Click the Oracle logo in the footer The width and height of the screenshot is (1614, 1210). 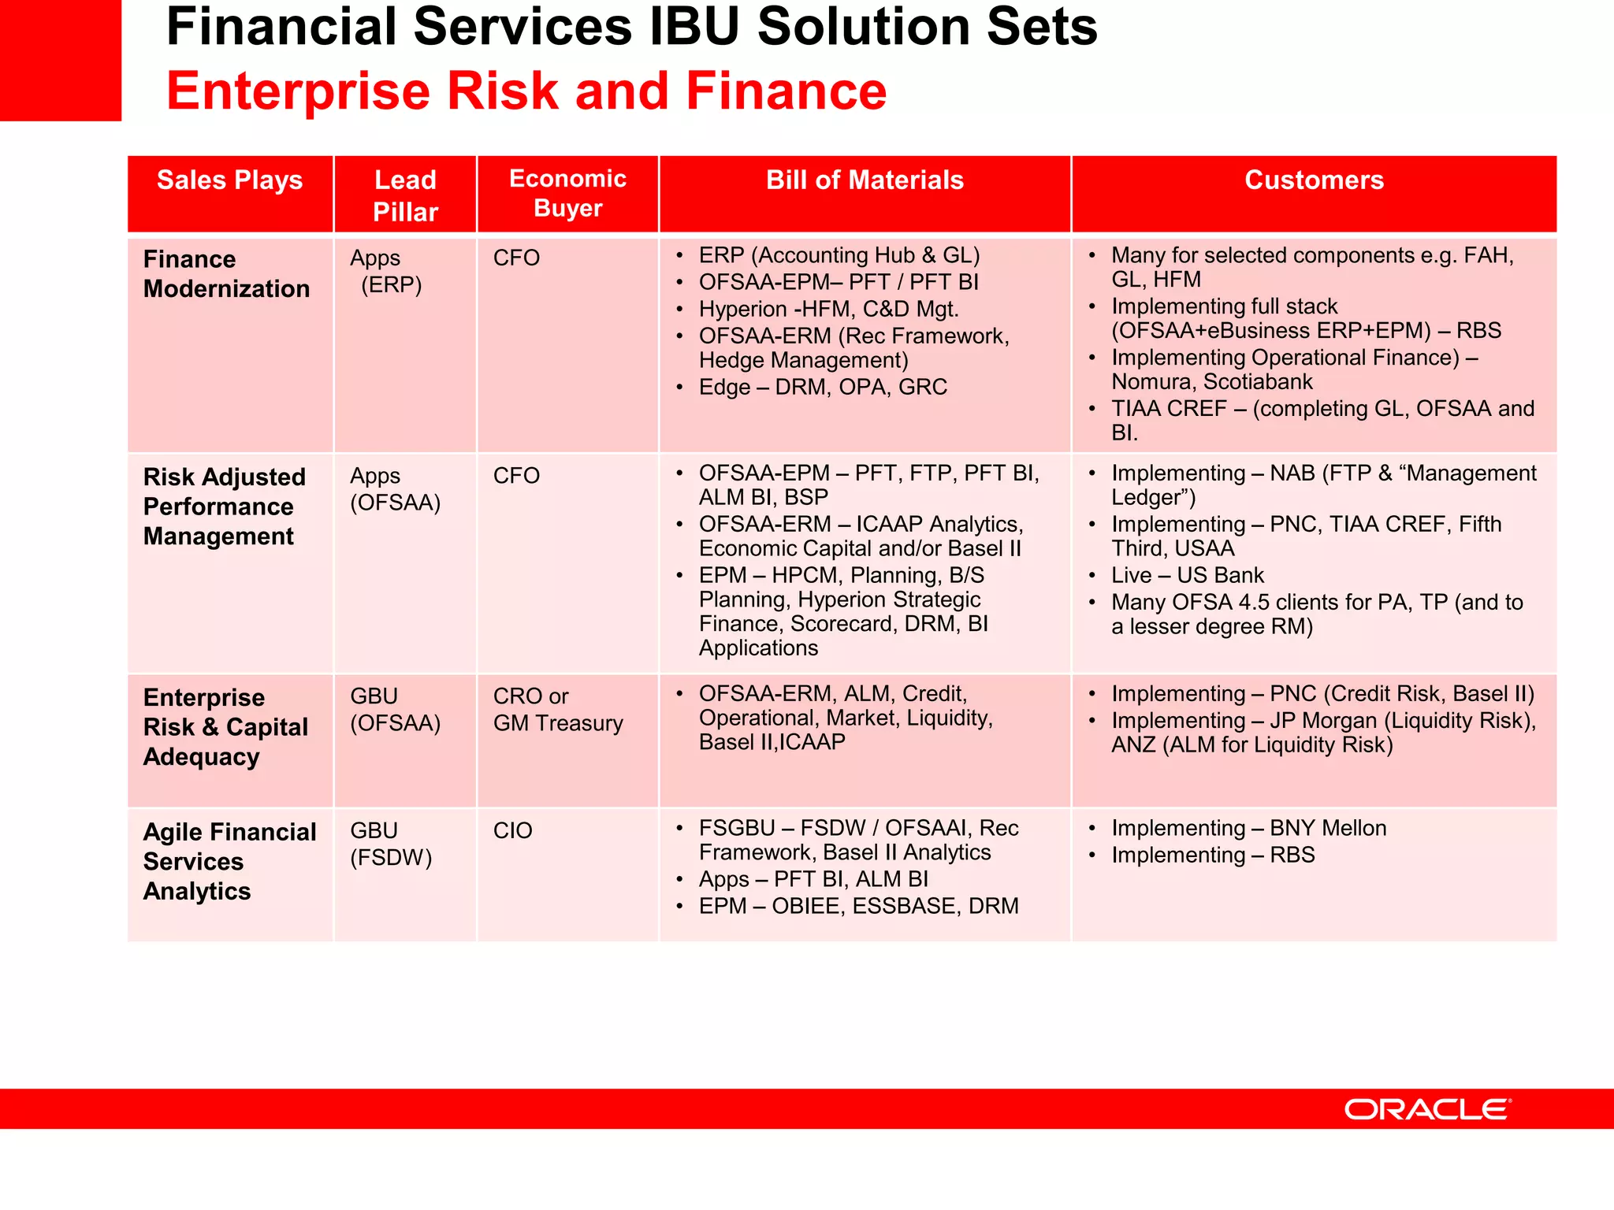pos(1427,1109)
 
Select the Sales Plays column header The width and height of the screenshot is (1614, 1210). pos(229,180)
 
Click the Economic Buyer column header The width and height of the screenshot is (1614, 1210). pos(567,193)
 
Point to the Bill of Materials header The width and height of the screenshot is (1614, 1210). pos(865,180)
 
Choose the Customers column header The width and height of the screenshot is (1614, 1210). pos(1314,180)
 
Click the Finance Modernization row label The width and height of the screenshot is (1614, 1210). pos(226,274)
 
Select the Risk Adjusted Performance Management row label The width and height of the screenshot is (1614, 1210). pos(224,507)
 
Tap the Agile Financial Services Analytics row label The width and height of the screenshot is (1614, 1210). pos(229,861)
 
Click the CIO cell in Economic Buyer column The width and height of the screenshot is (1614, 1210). pos(513,830)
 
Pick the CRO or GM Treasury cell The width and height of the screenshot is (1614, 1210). pos(557,710)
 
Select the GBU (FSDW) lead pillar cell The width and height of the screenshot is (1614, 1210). pos(391,844)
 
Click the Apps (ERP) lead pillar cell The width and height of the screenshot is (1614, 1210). pos(386,271)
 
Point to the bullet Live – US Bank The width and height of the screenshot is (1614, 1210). pos(1187,575)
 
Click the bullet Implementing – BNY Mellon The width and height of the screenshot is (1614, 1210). pos(1248,828)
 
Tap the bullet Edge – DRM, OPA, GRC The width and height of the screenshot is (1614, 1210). pos(822,388)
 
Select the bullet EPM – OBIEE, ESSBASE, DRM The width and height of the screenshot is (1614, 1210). pos(858,906)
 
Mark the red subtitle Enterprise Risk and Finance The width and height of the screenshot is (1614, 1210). pos(526,91)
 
